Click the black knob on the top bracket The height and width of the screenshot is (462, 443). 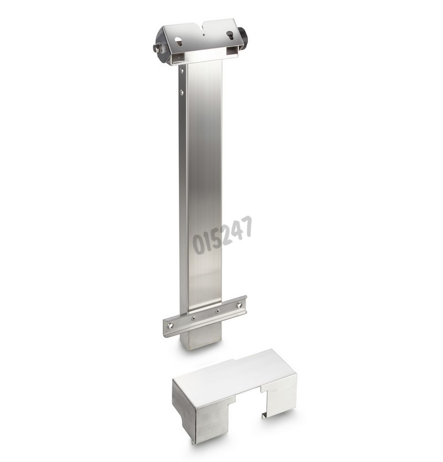(243, 38)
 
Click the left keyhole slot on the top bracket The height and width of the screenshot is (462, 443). (179, 40)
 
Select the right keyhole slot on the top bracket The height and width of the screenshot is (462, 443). (229, 35)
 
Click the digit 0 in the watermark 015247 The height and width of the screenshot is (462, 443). (198, 243)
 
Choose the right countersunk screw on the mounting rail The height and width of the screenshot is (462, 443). (218, 311)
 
